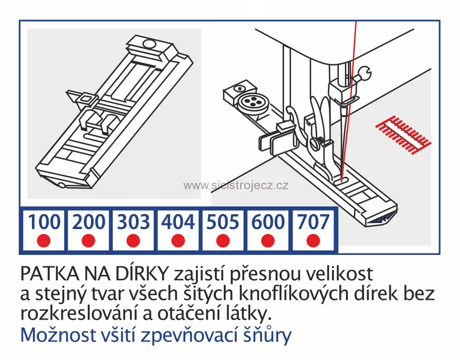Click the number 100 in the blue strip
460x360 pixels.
click(x=44, y=222)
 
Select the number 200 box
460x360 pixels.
click(x=89, y=222)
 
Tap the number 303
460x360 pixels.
click(x=133, y=222)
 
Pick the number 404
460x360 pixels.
click(x=178, y=222)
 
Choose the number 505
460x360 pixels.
click(x=223, y=222)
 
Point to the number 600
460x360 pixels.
click(x=268, y=222)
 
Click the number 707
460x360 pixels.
click(x=312, y=222)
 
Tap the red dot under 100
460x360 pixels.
click(x=44, y=241)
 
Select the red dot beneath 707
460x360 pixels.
click(x=312, y=241)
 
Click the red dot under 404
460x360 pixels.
click(x=178, y=241)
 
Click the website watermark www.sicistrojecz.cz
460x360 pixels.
click(x=236, y=186)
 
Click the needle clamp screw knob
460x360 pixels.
click(x=365, y=75)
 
